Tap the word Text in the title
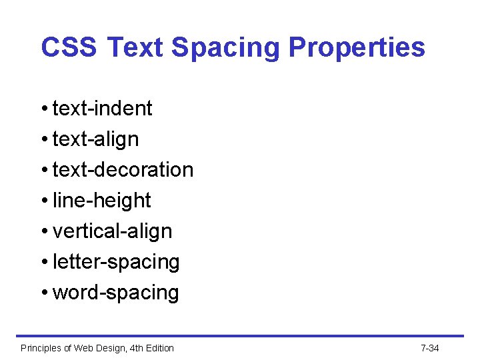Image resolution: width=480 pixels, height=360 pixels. tap(135, 47)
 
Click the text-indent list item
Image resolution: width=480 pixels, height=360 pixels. tap(102, 108)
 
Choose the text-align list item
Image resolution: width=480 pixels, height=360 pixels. tap(95, 139)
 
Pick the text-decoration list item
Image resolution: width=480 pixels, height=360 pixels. tap(123, 169)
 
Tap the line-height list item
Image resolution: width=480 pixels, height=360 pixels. tap(101, 200)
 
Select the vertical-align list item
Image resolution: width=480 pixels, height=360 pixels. tap(112, 231)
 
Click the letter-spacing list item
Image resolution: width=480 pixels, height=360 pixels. tap(116, 262)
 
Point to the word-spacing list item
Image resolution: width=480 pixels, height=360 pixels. tap(115, 293)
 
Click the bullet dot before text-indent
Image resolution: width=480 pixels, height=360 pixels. tap(44, 109)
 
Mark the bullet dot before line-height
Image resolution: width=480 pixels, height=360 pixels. tap(44, 201)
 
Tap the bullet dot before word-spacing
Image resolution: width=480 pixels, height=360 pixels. tap(44, 293)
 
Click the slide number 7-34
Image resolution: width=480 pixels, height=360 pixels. tap(430, 348)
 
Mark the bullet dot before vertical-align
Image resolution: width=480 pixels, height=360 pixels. tap(44, 231)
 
